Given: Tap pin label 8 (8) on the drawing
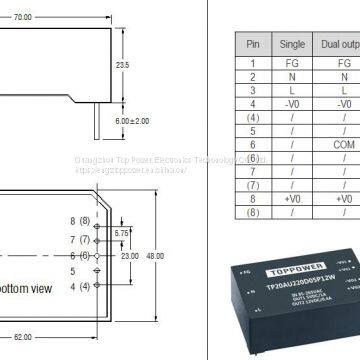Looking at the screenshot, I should point(79,220).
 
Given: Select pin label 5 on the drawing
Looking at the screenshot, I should point(73,270).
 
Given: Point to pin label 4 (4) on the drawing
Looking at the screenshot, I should point(79,288).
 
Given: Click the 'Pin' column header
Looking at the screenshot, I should point(252,44).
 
